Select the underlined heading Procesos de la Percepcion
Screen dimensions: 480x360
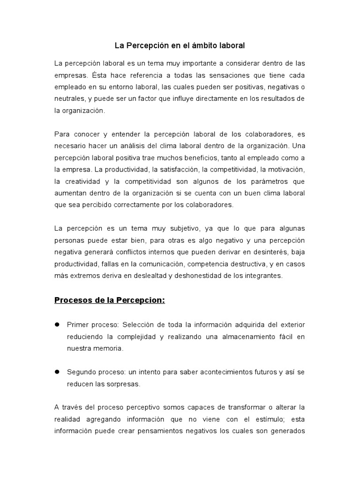click(110, 300)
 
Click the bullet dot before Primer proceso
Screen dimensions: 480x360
click(58, 324)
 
